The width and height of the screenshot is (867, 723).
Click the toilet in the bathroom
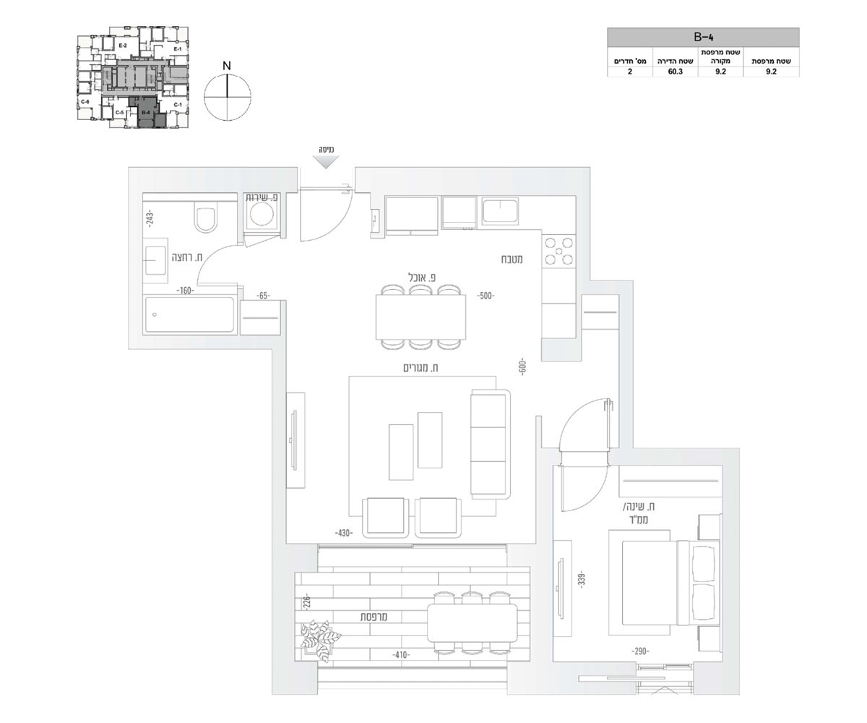pyautogui.click(x=206, y=218)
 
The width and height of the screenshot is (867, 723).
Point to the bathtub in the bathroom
pyautogui.click(x=190, y=315)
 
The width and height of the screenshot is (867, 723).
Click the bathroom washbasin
pyautogui.click(x=156, y=260)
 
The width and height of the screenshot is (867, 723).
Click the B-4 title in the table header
pyautogui.click(x=703, y=35)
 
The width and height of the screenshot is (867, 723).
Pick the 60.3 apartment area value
pyautogui.click(x=675, y=72)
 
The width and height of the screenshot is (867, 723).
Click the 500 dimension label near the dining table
pyautogui.click(x=486, y=296)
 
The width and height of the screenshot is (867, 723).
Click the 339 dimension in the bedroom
pyautogui.click(x=580, y=579)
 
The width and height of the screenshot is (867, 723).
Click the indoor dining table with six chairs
pyautogui.click(x=420, y=317)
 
